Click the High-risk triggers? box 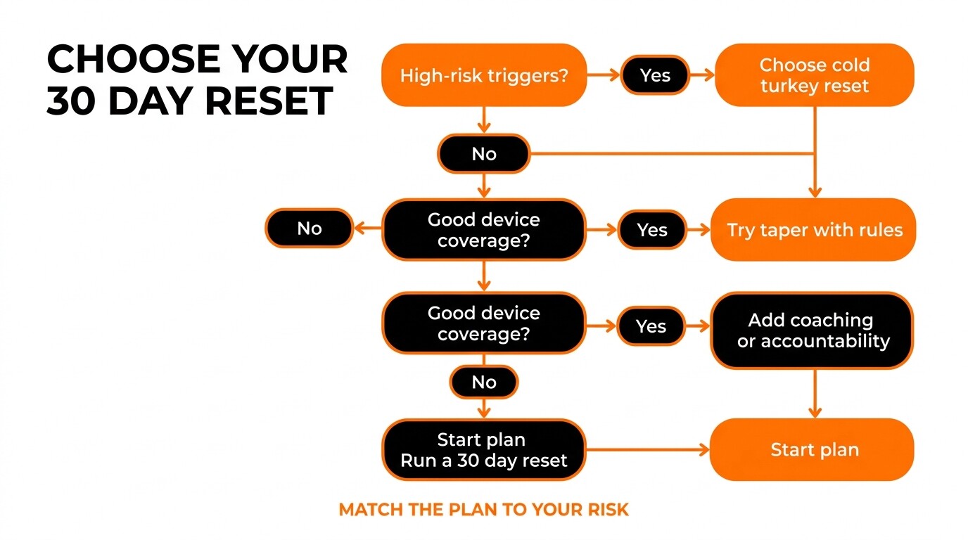point(484,75)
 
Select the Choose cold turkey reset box point(815,75)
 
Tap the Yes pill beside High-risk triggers point(655,75)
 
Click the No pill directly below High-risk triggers point(484,154)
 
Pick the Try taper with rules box point(813,230)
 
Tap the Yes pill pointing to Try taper point(652,230)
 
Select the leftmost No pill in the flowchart point(310,228)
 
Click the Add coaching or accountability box point(813,331)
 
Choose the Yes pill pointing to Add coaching point(651,326)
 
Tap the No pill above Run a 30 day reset point(484,382)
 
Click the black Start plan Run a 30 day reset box point(484,450)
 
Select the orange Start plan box point(813,450)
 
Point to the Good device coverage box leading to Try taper point(484,230)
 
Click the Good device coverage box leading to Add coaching point(484,323)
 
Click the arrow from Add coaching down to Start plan point(815,394)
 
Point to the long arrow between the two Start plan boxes point(648,450)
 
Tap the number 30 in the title point(70,101)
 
